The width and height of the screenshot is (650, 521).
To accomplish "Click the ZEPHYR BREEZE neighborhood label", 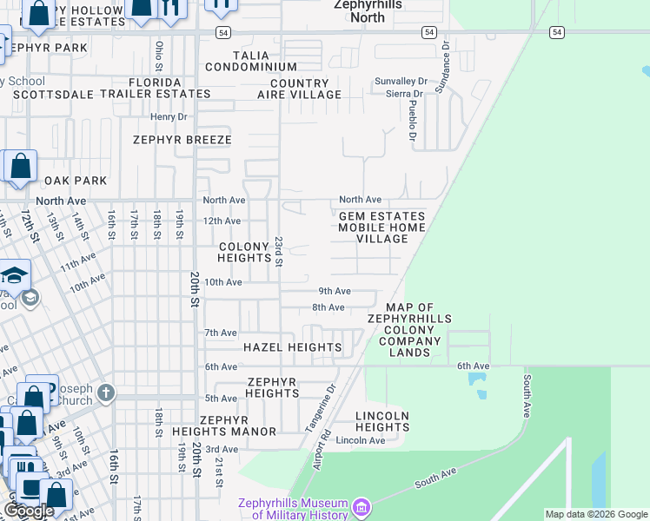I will tap(182, 139).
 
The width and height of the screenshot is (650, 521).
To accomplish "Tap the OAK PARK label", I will tap(76, 181).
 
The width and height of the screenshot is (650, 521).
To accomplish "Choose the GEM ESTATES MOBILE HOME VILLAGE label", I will tap(381, 228).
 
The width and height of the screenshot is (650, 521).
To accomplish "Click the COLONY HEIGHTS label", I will tap(244, 252).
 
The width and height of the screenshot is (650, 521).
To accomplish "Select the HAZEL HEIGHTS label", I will tap(292, 347).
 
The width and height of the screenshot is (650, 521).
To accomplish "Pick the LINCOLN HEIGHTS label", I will tap(382, 421).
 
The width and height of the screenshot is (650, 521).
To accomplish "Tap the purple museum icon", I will tap(361, 505).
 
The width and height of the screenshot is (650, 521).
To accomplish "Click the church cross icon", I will tap(106, 393).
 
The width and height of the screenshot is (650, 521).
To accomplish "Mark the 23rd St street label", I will tap(279, 251).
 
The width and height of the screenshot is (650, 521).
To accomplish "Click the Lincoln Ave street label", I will tap(360, 440).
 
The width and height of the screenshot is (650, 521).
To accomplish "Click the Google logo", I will tap(28, 511).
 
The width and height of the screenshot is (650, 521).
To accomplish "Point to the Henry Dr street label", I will tap(169, 116).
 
